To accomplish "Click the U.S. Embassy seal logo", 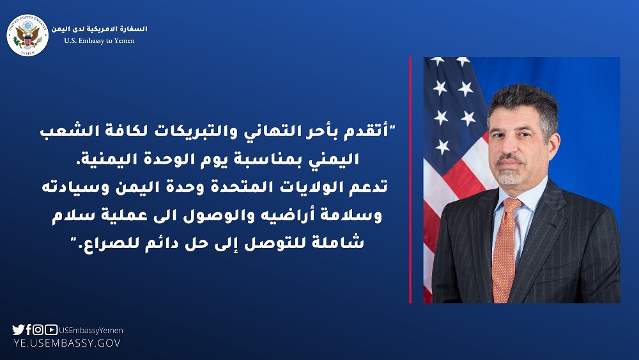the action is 27,35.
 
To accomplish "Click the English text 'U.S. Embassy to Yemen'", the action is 99,41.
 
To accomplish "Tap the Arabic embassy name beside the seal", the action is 99,29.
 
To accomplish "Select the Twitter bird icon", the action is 19,329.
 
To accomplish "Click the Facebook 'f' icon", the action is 29,329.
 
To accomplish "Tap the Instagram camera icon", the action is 38,329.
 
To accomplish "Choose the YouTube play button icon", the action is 51,329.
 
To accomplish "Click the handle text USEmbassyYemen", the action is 91,331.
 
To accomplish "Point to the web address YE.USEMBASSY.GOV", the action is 67,343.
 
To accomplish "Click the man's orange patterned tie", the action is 505,249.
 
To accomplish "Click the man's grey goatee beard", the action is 509,175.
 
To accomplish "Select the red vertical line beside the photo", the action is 410,180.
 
